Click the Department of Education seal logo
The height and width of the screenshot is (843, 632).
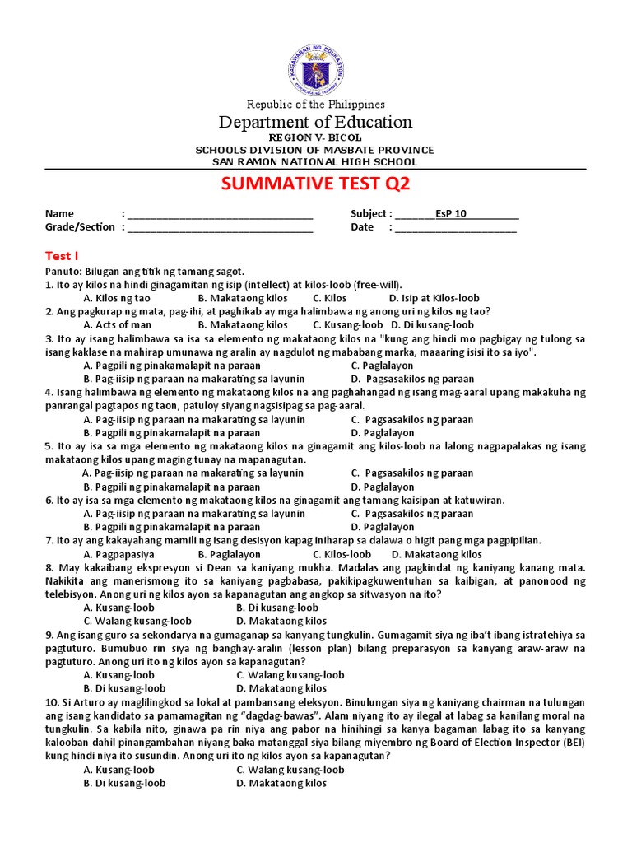(x=315, y=67)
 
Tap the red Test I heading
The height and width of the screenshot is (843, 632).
(x=60, y=256)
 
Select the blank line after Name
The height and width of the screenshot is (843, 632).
(x=220, y=214)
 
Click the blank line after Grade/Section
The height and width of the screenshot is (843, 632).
(x=220, y=227)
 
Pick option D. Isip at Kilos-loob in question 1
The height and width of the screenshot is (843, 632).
(x=434, y=298)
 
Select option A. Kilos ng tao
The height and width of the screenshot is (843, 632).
(x=117, y=298)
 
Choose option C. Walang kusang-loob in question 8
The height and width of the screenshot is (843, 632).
(x=137, y=622)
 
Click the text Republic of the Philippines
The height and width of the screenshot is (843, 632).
(x=316, y=105)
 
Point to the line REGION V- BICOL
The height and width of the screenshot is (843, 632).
(x=316, y=137)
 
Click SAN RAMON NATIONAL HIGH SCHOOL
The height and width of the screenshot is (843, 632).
(x=316, y=161)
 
